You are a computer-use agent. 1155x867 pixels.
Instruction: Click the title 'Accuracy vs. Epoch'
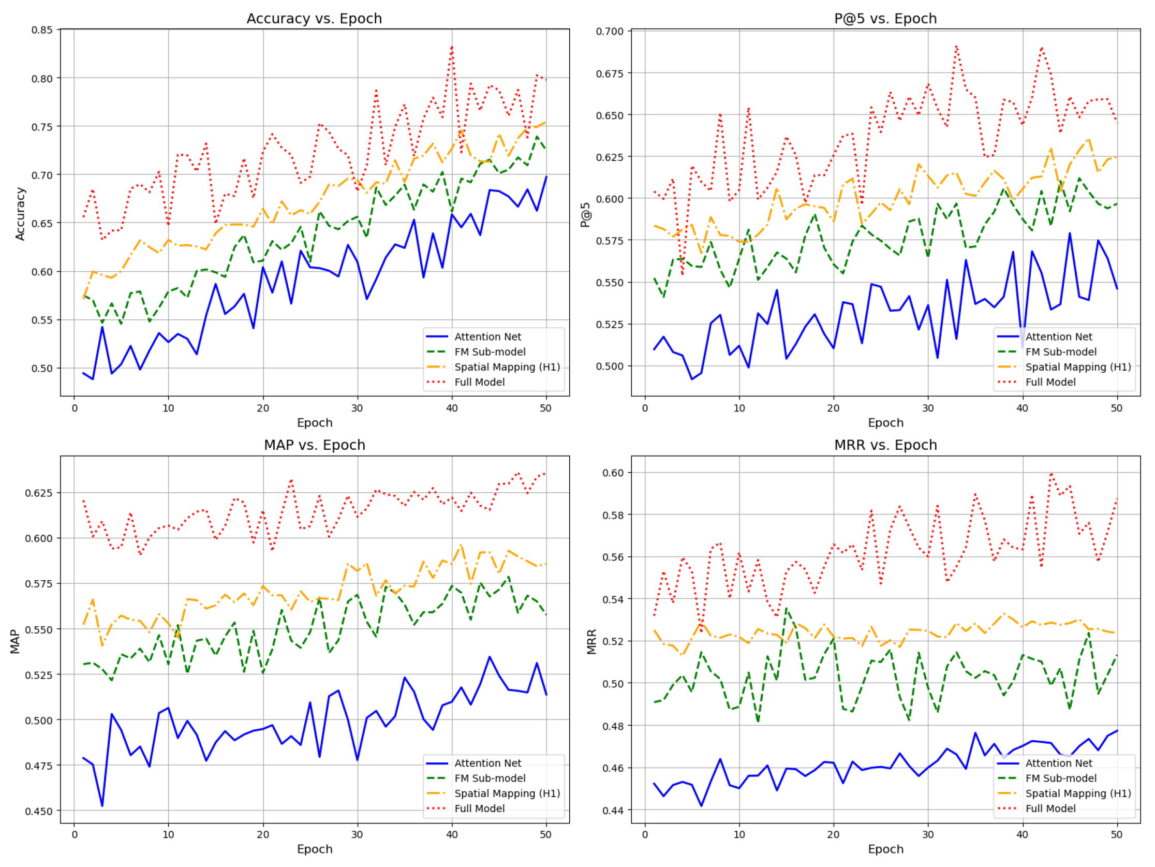pos(314,19)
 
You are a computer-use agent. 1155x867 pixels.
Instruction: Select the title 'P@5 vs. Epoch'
pos(885,19)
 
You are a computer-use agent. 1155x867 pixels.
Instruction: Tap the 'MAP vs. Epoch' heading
pos(314,445)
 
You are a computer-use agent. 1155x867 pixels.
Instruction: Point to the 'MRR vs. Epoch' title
pos(885,445)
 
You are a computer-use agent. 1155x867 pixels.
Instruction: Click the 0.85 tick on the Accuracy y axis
pos(42,30)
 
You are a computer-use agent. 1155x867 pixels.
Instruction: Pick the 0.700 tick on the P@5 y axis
pos(610,32)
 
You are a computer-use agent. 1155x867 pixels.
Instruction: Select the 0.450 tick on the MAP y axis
pos(39,811)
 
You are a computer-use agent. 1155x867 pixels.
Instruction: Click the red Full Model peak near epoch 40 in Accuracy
pos(452,48)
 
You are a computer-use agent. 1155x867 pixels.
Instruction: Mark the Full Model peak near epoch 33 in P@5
pos(956,47)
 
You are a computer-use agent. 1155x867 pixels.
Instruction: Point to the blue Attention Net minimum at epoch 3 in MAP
pos(102,805)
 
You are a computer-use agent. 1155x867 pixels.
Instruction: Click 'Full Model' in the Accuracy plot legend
pos(479,382)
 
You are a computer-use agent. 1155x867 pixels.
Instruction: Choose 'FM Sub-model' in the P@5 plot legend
pos(1060,352)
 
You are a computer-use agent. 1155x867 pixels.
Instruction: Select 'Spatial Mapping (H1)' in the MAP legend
pos(507,793)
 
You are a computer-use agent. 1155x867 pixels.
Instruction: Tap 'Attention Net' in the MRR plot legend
pos(1058,763)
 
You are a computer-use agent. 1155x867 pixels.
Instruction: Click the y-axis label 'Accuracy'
pos(20,214)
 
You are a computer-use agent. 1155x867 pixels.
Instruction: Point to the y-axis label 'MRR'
pos(591,642)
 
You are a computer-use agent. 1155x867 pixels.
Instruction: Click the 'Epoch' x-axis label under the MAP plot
pos(314,849)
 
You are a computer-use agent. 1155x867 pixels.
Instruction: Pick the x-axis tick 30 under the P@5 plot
pos(927,408)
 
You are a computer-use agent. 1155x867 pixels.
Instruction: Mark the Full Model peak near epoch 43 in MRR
pos(1050,474)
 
